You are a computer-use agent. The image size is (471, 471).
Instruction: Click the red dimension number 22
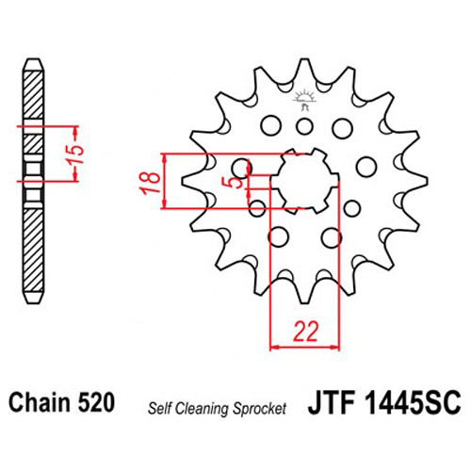click(305, 332)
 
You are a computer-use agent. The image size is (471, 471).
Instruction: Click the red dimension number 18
click(152, 183)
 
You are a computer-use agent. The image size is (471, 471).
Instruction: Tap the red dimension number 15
click(76, 154)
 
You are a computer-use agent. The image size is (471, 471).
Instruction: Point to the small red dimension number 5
click(236, 183)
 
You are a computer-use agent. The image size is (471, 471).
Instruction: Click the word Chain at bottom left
click(40, 402)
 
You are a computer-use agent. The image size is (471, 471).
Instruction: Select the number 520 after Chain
click(96, 402)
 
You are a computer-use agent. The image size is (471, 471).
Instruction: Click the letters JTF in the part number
click(332, 402)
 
